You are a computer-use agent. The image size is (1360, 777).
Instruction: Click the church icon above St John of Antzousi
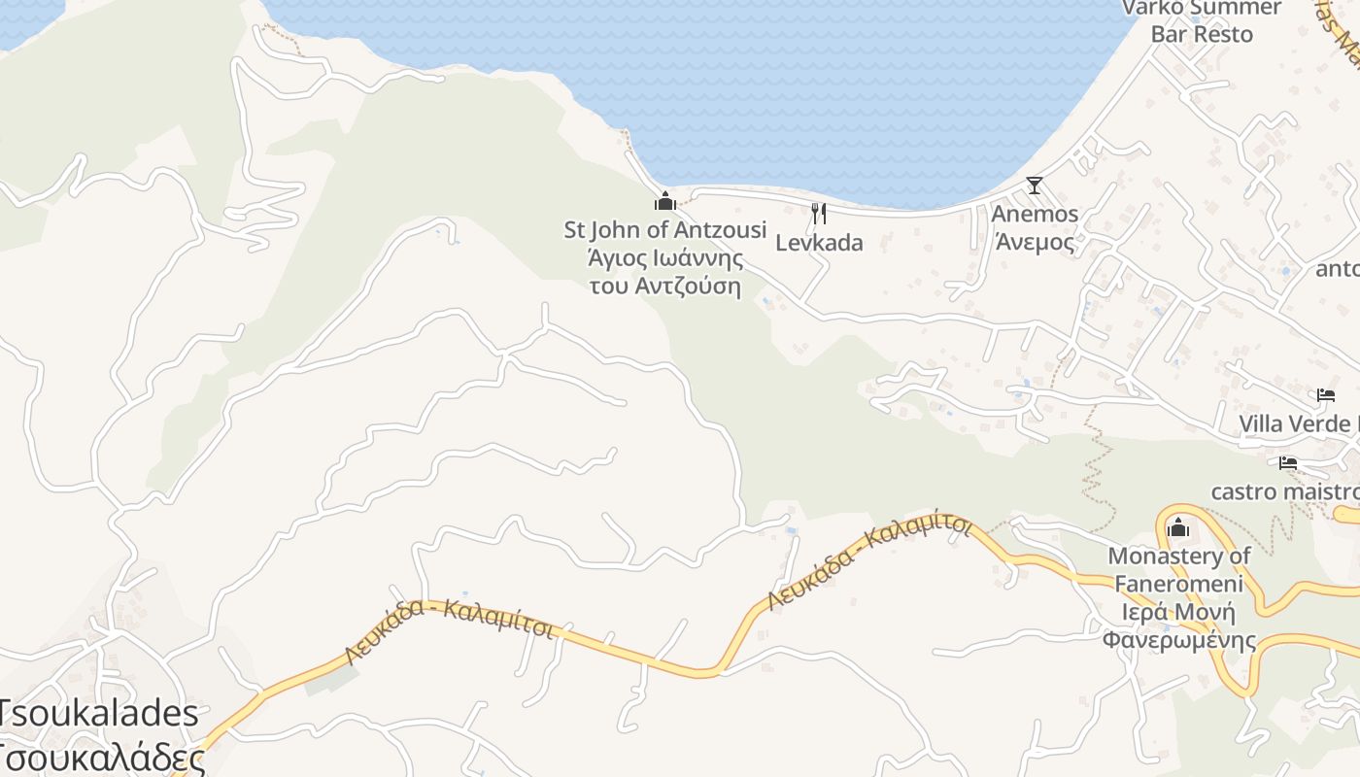click(665, 202)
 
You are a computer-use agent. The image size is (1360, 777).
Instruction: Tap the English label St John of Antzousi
click(665, 230)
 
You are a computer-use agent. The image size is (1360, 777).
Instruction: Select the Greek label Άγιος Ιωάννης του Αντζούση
click(665, 272)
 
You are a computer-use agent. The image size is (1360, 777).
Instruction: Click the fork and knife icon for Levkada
click(819, 214)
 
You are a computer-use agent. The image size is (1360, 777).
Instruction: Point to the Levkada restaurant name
click(819, 243)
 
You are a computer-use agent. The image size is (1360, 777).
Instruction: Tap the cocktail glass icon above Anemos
click(1035, 186)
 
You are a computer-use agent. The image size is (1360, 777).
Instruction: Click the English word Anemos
click(1035, 214)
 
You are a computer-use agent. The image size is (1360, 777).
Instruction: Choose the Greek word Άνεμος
click(1035, 242)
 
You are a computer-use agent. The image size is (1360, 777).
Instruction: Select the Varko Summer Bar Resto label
click(1202, 20)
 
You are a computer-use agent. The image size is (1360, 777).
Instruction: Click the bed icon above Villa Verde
click(1326, 395)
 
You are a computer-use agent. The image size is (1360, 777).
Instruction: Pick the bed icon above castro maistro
click(1288, 463)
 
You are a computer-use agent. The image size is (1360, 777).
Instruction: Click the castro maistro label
click(1283, 491)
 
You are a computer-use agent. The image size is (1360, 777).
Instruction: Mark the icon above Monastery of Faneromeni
click(1178, 527)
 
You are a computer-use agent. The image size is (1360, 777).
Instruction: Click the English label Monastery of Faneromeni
click(1179, 570)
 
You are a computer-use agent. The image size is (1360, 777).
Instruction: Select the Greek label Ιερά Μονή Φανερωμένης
click(1179, 626)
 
